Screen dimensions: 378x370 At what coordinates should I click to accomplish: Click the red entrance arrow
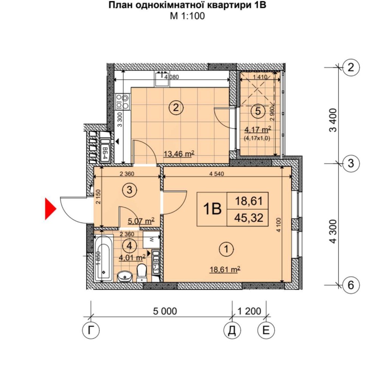tap(50, 208)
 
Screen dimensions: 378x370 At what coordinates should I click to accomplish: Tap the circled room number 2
tap(176, 107)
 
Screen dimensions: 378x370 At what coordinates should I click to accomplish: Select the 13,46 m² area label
tap(179, 154)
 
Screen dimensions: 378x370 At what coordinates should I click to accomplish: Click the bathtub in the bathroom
tap(104, 258)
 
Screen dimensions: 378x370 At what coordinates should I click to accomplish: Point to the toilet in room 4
tap(142, 273)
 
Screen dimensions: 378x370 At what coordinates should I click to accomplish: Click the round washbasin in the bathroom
tap(124, 276)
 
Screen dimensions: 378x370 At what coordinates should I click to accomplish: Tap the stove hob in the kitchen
tap(122, 101)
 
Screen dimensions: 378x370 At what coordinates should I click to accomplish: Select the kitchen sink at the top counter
tap(162, 78)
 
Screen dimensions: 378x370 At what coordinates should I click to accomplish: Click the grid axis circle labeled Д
tap(232, 331)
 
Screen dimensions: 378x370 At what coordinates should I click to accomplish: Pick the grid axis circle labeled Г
tap(91, 331)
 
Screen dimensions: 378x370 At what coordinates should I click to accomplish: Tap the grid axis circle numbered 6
tap(351, 285)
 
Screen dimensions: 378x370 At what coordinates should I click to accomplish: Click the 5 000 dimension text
tap(165, 311)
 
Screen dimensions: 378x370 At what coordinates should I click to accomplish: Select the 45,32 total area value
tap(248, 218)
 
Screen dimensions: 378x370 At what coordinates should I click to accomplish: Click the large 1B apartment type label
tap(212, 208)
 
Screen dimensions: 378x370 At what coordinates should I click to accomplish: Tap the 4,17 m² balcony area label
tap(258, 129)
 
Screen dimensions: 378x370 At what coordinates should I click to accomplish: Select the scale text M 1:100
tap(187, 16)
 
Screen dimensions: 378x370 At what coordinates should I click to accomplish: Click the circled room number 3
tap(129, 190)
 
